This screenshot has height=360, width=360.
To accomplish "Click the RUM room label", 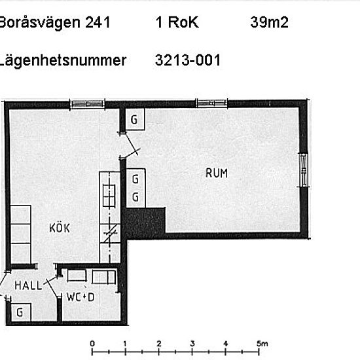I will pyautogui.click(x=217, y=173).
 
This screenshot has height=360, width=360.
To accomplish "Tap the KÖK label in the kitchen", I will pyautogui.click(x=60, y=228).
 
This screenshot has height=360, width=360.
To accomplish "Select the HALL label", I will pyautogui.click(x=28, y=285).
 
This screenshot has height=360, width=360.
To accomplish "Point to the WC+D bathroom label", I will pyautogui.click(x=81, y=297).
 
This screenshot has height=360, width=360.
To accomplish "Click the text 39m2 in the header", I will pyautogui.click(x=269, y=23).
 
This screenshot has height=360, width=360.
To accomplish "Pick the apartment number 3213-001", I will pyautogui.click(x=188, y=60).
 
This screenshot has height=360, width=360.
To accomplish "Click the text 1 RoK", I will pyautogui.click(x=177, y=23).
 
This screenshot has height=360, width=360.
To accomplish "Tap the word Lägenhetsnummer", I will pyautogui.click(x=63, y=60).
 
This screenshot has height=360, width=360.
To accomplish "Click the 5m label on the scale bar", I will pyautogui.click(x=262, y=344).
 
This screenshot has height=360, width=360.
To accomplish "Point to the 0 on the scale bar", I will pyautogui.click(x=92, y=344).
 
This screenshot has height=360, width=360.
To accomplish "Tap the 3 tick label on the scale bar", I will pyautogui.click(x=192, y=344).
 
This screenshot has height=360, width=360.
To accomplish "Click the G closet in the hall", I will pyautogui.click(x=20, y=313).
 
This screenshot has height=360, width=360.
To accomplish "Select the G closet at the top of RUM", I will pyautogui.click(x=134, y=119).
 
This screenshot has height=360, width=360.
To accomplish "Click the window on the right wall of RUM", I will pyautogui.click(x=302, y=170).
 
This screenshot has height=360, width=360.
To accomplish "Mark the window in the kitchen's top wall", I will pyautogui.click(x=87, y=103).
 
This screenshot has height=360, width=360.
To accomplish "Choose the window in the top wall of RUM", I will pyautogui.click(x=211, y=103).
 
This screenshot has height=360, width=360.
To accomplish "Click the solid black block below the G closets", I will pyautogui.click(x=145, y=223).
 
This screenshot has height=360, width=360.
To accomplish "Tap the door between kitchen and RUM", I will pyautogui.click(x=129, y=147).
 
